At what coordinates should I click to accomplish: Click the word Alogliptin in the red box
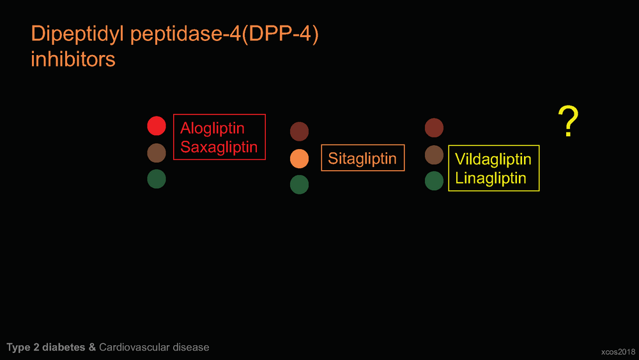(212, 129)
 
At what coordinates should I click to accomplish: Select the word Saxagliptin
(219, 147)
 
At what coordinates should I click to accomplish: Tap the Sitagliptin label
(362, 158)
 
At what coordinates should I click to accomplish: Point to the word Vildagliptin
(493, 159)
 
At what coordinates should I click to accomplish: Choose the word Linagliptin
(491, 178)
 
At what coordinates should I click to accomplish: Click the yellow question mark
(569, 121)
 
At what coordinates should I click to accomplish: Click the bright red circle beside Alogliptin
(157, 125)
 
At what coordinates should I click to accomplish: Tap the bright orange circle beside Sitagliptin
(299, 159)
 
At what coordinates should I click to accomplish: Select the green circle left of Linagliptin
(434, 180)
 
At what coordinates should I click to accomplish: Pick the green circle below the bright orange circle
(299, 184)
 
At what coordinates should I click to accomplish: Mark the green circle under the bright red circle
(157, 178)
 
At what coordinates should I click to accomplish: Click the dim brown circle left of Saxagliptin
(157, 153)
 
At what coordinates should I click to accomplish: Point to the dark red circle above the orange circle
(299, 131)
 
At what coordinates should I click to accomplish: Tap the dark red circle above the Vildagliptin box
(434, 128)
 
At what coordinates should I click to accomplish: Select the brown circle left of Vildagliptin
(434, 155)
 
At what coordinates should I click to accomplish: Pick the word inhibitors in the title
(73, 59)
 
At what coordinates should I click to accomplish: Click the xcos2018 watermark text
(618, 352)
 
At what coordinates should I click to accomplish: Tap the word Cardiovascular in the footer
(134, 347)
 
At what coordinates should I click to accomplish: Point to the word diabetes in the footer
(63, 347)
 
